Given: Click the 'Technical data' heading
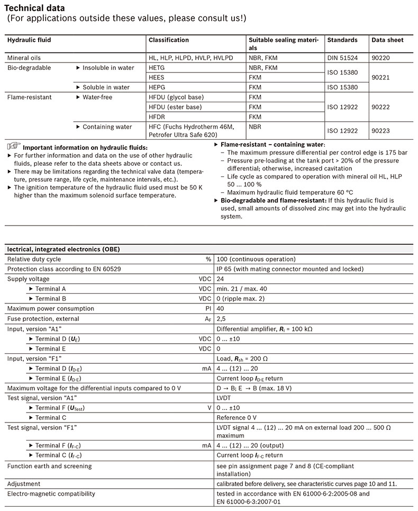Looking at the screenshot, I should pos(35,8).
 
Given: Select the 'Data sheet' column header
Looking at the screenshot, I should pos(387,40).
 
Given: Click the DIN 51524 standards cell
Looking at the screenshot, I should pos(343,57).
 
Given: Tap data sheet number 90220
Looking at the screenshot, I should pos(381,57).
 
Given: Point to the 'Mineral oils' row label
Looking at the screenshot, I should pos(24,57).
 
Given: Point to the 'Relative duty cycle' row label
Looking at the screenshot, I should pos(34,259).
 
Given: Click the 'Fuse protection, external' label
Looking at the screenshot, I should pos(43,319).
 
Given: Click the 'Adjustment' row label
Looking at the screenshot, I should pos(24,483).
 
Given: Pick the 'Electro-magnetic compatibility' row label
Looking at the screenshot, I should pos(51,494).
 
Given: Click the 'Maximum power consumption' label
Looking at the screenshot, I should pos(47,309).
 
